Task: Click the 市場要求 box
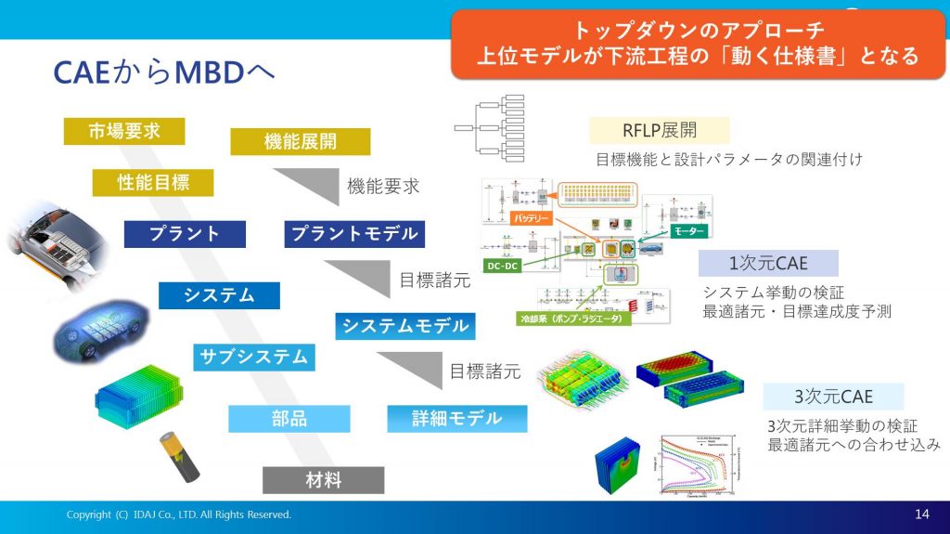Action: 124,131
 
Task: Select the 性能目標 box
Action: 153,182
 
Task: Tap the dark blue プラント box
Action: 185,233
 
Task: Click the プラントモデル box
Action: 354,233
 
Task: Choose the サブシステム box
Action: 254,357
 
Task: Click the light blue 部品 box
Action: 289,419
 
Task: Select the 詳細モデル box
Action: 456,419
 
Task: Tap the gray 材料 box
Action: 323,480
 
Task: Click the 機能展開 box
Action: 300,141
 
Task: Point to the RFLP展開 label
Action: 660,129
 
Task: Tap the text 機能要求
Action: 383,186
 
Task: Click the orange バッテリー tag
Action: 532,220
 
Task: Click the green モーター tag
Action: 687,229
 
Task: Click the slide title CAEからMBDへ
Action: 164,72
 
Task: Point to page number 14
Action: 921,514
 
